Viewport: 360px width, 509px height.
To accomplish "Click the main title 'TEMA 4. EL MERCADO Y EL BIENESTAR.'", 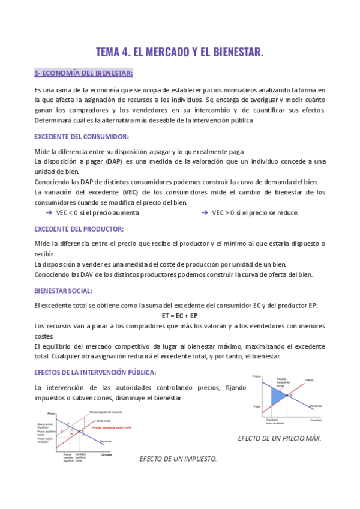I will [180, 52].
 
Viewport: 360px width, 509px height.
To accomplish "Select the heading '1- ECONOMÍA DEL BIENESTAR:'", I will [83, 74].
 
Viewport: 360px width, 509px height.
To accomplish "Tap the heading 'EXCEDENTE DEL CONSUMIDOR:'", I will [81, 136].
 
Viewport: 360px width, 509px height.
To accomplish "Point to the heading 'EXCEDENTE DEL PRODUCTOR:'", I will [79, 229].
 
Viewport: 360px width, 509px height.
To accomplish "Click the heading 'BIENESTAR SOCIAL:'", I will [64, 291].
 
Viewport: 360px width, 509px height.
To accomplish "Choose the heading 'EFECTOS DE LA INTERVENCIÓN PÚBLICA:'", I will [95, 372].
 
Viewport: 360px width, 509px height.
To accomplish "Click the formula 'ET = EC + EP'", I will [180, 315].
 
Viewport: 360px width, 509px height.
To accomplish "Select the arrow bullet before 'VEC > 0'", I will [205, 212].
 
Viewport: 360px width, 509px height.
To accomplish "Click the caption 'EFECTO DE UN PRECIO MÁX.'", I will [280, 438].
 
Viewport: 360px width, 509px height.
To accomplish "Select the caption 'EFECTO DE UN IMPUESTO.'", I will [178, 459].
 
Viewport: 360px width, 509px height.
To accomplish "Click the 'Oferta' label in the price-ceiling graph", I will [309, 380].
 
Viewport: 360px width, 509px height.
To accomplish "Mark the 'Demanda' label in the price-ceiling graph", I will [315, 407].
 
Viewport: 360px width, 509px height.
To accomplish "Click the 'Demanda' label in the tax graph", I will [106, 441].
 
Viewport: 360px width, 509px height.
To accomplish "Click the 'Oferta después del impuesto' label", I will [106, 412].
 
